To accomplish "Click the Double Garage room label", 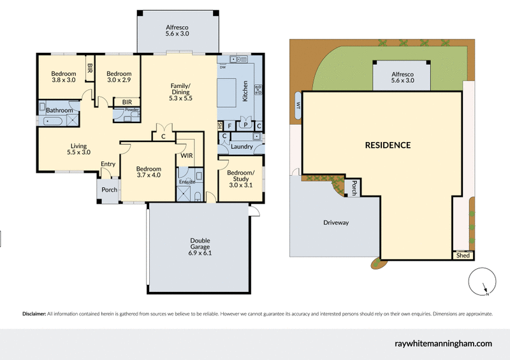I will pos(200,247).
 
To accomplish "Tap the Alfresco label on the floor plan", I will pos(176,31).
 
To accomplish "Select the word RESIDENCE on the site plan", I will pos(388,145).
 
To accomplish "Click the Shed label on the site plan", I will pos(463,256).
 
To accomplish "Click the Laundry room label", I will pos(243,147).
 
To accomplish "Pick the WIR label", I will pos(187,155).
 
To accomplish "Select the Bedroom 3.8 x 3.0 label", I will pos(63,76).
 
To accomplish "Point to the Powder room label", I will pos(131,110).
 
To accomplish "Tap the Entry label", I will pos(108,164).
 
